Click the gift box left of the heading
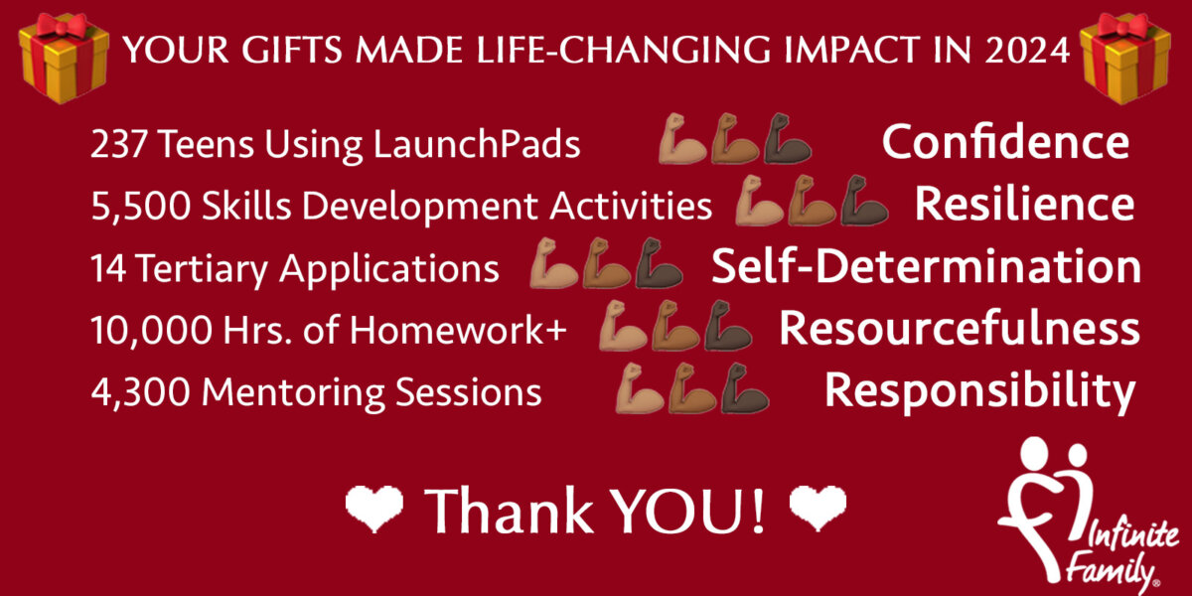64,58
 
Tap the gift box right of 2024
1124,58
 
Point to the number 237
118,144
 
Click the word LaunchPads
477,144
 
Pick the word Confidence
1005,142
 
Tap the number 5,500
140,207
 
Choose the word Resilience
1024,204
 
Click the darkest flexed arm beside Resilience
864,201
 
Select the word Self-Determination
927,266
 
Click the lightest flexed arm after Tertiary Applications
553,263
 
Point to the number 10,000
151,330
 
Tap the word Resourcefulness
960,328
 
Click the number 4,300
140,392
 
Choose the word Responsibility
980,391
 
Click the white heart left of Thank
374,509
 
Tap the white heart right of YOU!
818,509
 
